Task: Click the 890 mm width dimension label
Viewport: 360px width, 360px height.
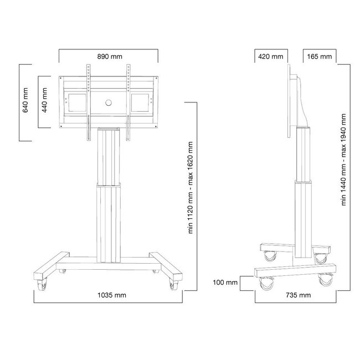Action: click(x=109, y=56)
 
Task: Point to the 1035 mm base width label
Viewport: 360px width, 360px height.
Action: click(x=109, y=295)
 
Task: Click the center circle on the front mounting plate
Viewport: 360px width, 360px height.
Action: click(x=109, y=102)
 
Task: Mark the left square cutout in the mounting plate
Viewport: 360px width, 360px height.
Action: click(x=75, y=102)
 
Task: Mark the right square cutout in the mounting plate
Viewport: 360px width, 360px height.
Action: click(x=140, y=102)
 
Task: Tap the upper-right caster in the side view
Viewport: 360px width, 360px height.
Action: click(x=320, y=256)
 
